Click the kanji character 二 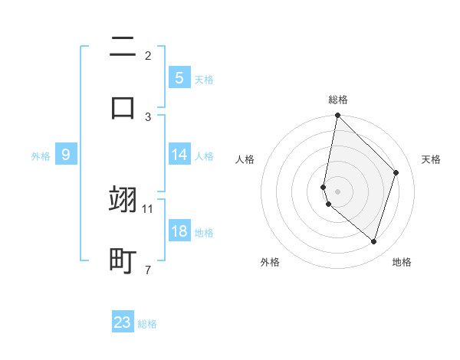click(123, 48)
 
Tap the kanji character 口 click(123, 106)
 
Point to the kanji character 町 click(123, 260)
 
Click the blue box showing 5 click(179, 77)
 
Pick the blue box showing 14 click(179, 155)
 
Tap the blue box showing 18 click(179, 232)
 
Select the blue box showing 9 click(66, 155)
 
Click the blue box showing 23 click(123, 322)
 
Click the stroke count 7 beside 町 click(148, 270)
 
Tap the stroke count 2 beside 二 click(148, 55)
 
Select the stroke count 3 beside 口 click(148, 116)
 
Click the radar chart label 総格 click(337, 100)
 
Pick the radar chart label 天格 click(431, 159)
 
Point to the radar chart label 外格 click(270, 262)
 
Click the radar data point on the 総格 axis click(337, 115)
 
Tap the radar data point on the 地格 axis click(374, 242)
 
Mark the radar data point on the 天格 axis click(396, 172)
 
